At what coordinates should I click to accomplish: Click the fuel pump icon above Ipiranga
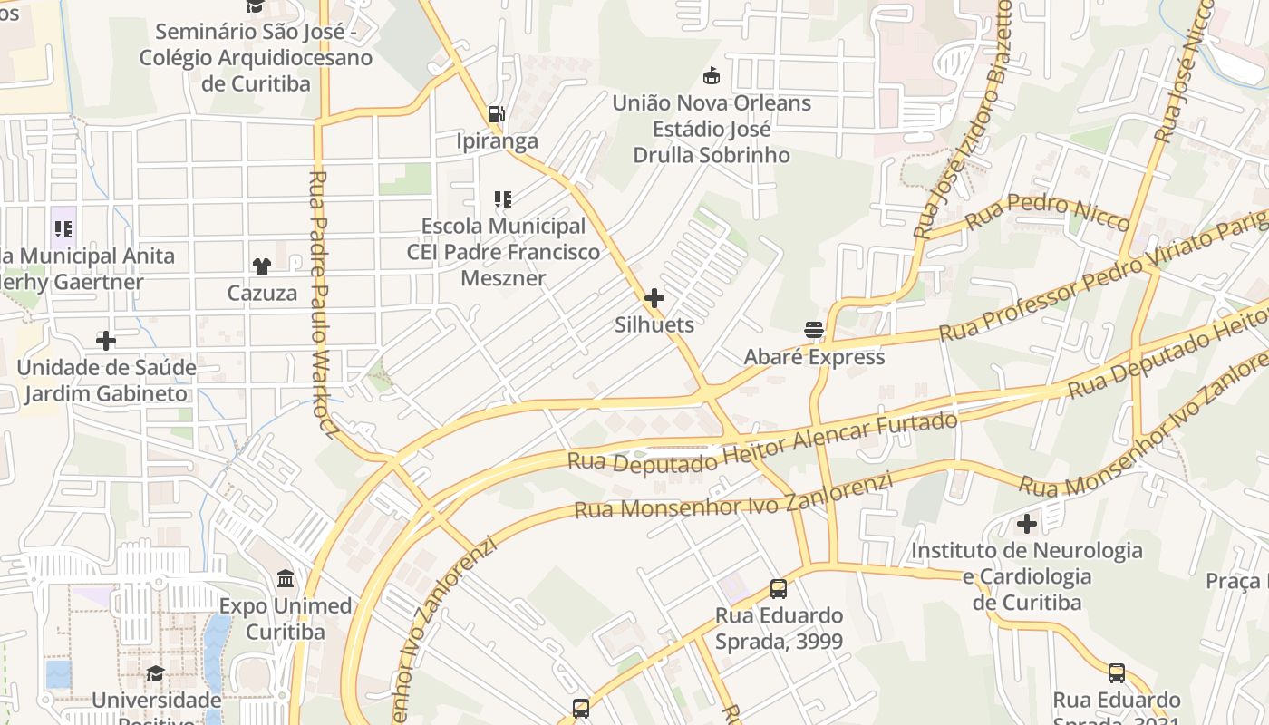coord(496,114)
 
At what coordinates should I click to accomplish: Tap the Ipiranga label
coord(498,141)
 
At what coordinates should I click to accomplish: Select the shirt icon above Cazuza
coord(262,266)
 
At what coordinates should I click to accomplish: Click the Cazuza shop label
coord(262,293)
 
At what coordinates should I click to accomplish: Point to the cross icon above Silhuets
coord(654,297)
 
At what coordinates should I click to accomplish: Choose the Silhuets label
coord(654,324)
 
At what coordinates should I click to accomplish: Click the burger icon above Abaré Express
coord(814,329)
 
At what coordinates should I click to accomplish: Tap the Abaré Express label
coord(814,356)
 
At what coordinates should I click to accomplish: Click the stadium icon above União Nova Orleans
coord(712,75)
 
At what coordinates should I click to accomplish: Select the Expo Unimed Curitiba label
coord(286,618)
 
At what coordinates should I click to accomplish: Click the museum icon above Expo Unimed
coord(286,578)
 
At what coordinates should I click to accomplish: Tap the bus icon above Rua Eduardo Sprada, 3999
coord(779,589)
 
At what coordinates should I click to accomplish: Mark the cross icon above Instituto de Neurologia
coord(1027,524)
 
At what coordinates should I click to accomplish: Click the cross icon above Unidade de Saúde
coord(106,341)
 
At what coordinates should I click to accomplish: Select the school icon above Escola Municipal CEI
coord(503,199)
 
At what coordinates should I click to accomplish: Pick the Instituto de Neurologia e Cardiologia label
coord(1027,576)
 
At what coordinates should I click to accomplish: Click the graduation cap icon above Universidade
coord(156,673)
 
